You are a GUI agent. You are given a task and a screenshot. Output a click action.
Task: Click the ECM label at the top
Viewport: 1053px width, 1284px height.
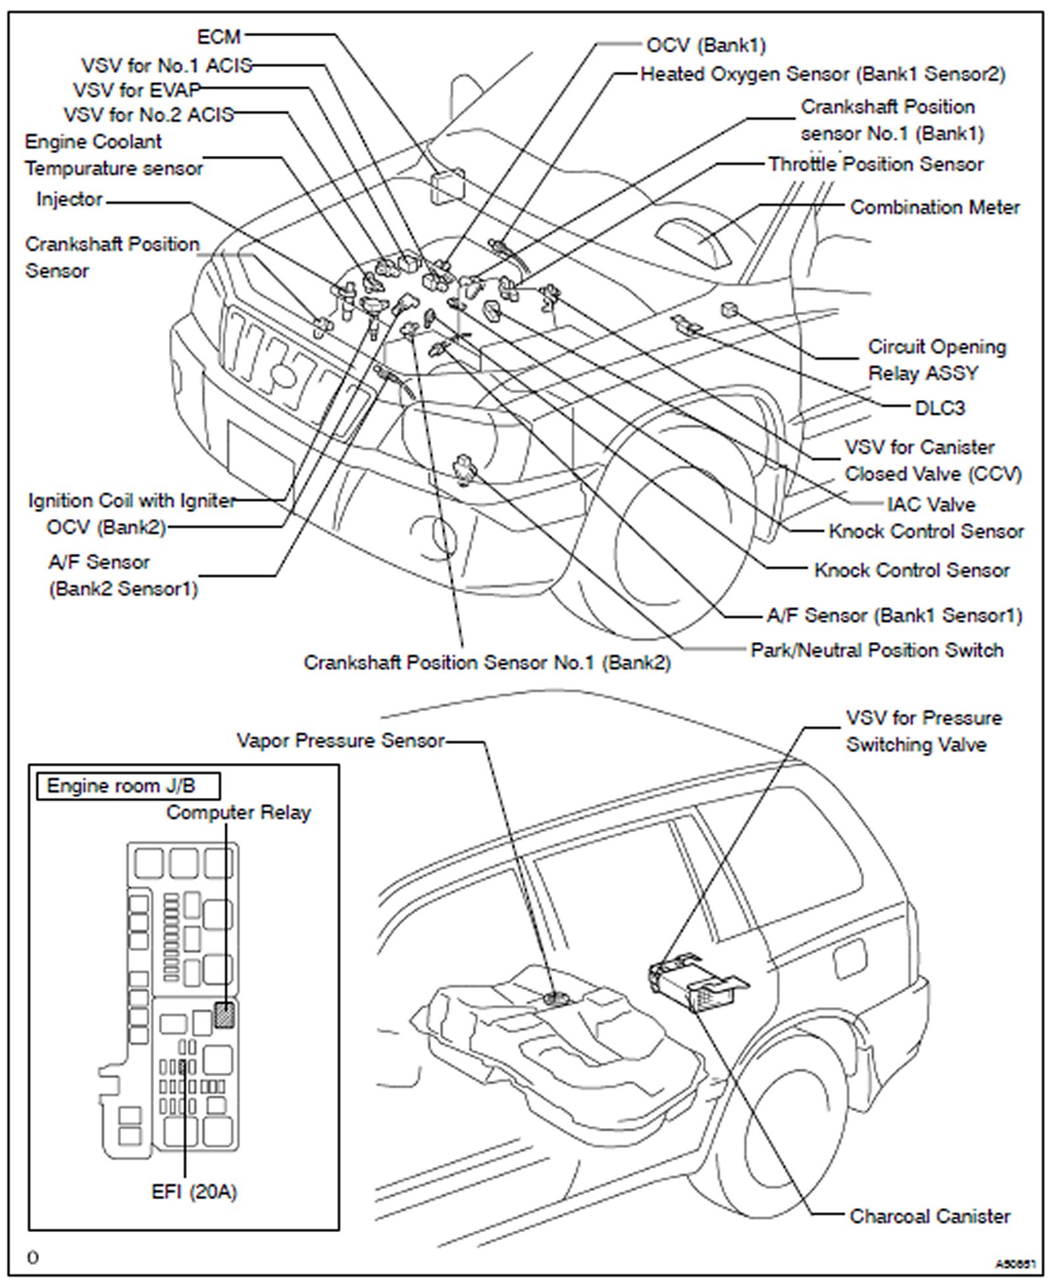219,37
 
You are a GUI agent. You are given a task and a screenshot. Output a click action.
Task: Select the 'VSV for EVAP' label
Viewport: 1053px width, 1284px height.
137,89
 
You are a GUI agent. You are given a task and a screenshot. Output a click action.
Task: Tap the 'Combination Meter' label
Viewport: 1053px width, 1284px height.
935,207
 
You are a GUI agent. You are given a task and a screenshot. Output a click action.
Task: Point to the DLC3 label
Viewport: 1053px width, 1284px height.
939,408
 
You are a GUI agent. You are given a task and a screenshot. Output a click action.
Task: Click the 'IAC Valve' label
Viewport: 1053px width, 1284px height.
931,505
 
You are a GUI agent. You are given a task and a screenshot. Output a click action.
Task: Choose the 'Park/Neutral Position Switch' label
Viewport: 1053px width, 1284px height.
877,650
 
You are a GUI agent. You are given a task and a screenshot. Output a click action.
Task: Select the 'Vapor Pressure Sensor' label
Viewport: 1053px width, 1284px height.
340,741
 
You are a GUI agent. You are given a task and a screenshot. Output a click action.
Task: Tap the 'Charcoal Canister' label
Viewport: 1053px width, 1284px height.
929,1216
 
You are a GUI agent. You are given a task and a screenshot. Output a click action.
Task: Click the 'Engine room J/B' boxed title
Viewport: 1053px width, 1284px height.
122,785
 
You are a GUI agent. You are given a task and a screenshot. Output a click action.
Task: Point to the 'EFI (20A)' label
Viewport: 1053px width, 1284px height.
194,1191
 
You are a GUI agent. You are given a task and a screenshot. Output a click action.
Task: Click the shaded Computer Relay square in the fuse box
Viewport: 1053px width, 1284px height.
224,1016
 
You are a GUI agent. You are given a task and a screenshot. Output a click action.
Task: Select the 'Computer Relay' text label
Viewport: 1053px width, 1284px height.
238,812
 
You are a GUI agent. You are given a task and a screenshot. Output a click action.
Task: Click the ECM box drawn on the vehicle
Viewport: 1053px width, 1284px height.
448,186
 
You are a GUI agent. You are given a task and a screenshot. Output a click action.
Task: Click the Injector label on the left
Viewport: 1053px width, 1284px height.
69,199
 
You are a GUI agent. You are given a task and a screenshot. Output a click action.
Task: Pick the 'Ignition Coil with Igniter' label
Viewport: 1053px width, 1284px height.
132,501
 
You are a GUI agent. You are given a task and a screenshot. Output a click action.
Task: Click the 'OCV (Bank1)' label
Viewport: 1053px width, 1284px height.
706,45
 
